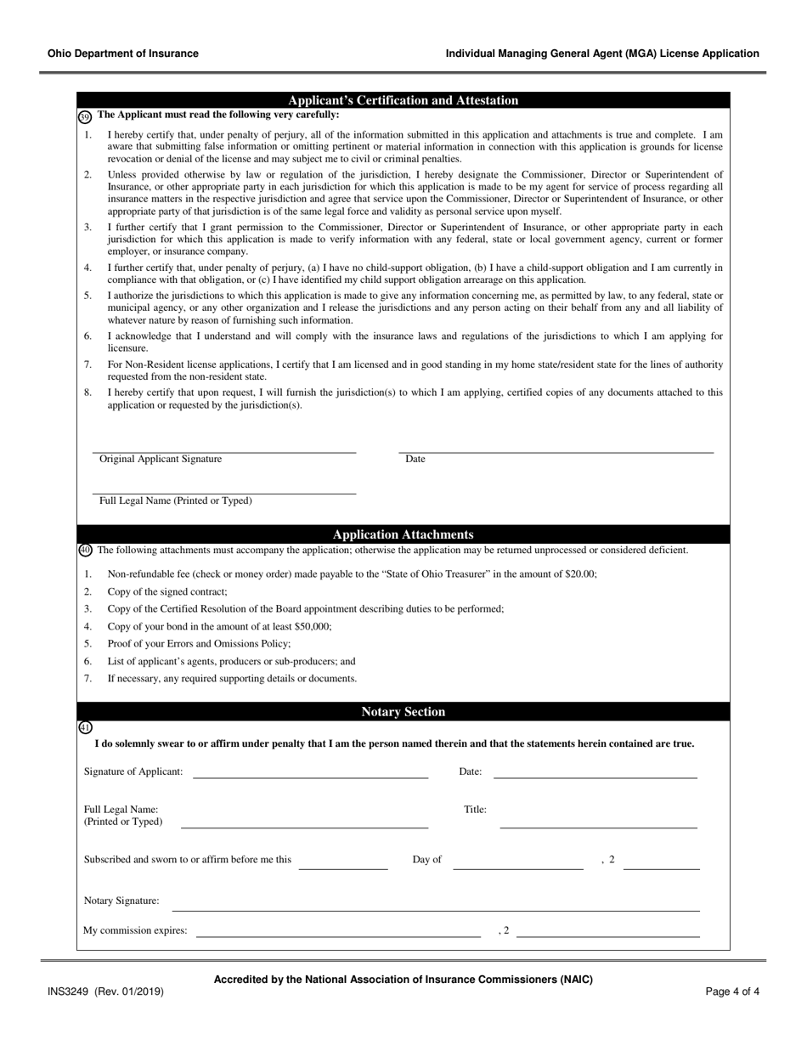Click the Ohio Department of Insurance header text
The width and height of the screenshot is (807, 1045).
tap(123, 54)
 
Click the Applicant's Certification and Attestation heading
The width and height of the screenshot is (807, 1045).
tap(403, 100)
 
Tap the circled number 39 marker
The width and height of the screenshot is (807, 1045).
tap(85, 116)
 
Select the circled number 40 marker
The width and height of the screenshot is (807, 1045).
tap(85, 551)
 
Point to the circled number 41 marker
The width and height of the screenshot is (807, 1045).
tap(85, 727)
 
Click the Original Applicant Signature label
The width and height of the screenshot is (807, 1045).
tap(161, 459)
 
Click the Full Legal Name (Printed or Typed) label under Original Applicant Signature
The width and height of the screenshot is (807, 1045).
tap(176, 500)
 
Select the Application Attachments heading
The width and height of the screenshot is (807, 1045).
tap(403, 534)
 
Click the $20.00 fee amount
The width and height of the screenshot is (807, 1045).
tap(580, 573)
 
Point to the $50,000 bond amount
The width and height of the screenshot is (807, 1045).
tap(313, 626)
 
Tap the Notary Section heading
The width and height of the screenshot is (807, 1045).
tap(403, 712)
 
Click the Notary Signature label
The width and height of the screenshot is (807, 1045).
tap(121, 901)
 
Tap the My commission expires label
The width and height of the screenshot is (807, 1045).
tap(135, 930)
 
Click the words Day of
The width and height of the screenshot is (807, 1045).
tap(426, 860)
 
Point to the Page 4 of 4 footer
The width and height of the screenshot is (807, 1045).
tap(732, 991)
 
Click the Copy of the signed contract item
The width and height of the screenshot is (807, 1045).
tap(167, 591)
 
